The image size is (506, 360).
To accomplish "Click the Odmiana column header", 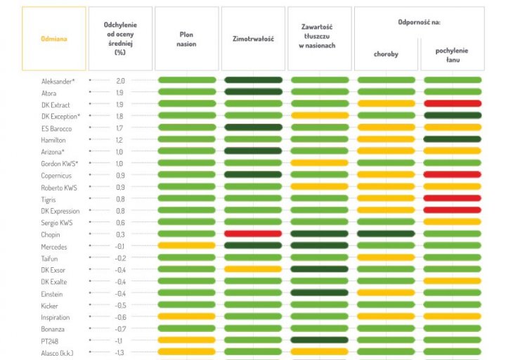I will pos(54,39).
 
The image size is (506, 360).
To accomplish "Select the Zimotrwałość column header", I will pos(253,39).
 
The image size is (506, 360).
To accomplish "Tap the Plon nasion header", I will pos(186,39).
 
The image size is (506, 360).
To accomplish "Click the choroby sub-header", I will pos(386,55).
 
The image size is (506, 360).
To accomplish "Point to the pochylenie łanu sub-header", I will pos(452,55).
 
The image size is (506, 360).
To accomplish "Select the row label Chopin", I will pos(51,234).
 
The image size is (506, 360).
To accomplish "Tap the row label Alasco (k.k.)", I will pos(57,352).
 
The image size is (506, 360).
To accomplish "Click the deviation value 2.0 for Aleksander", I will pos(120,81).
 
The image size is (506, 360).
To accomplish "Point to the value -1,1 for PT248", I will pos(120,340).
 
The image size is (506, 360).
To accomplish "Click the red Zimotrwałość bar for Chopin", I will pos(253,233).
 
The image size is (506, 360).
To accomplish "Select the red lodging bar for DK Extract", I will pos(453,104).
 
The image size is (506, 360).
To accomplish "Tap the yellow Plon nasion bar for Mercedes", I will pos(186,245).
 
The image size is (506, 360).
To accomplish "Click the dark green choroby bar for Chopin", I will pos(386,233).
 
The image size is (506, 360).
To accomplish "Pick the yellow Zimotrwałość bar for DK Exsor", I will pos(253,269).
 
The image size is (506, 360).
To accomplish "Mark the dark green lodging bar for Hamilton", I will pos(453,139).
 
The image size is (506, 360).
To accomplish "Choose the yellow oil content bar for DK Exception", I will pos(319,115).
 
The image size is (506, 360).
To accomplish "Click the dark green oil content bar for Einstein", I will pos(319,292).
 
